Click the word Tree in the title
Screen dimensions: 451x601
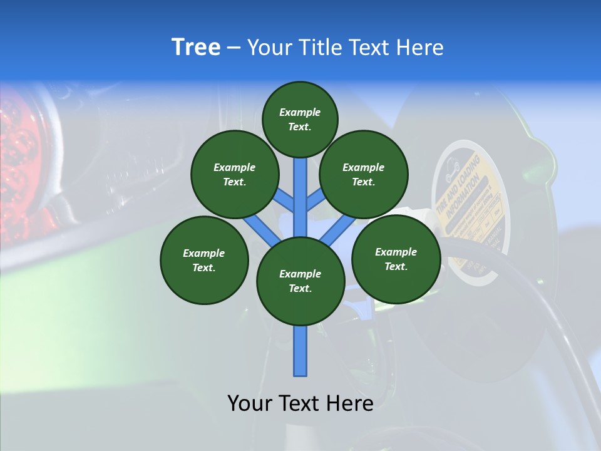[196, 48]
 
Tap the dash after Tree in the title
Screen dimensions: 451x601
[234, 48]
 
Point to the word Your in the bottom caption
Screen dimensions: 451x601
[250, 403]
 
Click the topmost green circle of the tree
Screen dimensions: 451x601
[300, 119]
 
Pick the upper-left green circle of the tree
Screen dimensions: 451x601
[234, 174]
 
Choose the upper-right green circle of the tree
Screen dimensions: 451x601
[364, 174]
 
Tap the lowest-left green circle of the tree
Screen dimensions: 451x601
[204, 260]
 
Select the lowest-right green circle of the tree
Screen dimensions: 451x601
[396, 259]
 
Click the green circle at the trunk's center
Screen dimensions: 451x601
[300, 281]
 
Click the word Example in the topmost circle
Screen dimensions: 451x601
[300, 112]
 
